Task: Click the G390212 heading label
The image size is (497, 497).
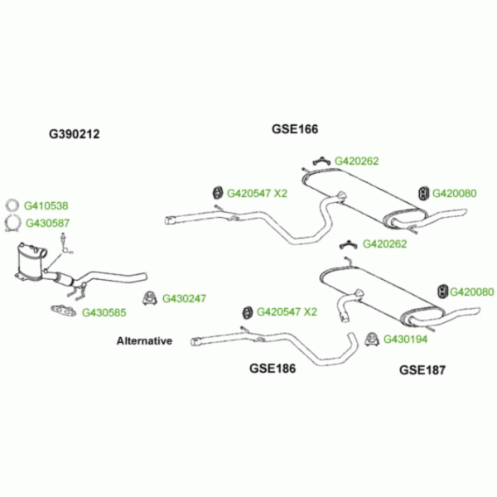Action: point(74,133)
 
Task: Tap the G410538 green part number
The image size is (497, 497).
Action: point(46,205)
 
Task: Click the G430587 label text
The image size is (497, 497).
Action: point(47,222)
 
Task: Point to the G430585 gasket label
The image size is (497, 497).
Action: point(104,313)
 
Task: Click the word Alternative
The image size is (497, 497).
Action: point(144,340)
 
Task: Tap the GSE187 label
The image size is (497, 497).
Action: point(422,369)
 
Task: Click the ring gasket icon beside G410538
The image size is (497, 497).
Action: point(12,206)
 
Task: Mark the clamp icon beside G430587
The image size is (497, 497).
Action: point(12,222)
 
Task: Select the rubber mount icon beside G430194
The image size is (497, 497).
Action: point(372,338)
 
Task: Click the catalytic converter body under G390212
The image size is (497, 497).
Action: point(31,263)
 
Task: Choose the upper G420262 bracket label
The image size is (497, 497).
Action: point(357,161)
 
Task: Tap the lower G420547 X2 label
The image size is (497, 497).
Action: point(286,312)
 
